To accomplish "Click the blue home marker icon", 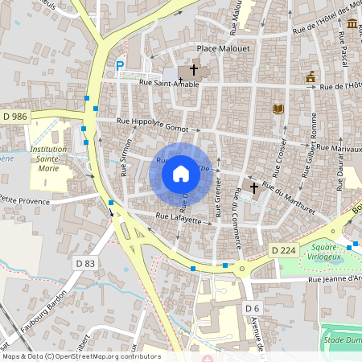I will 181,173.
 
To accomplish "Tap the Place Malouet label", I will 224,49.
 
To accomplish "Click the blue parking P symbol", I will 120,66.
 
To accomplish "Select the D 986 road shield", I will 14,117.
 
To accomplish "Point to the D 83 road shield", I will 85,263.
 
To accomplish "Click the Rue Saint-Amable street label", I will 169,82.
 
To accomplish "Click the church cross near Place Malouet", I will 194,70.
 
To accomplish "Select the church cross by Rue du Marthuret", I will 254,187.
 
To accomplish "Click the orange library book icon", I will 278,108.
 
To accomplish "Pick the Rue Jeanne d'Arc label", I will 336,280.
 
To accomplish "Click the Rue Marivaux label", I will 339,148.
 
